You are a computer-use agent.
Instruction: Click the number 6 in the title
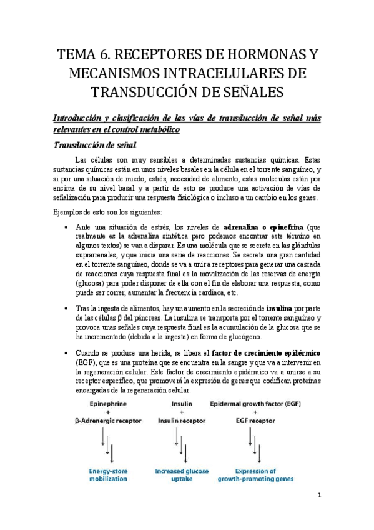tap(112, 55)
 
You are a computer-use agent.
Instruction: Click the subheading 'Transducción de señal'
tap(94, 145)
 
